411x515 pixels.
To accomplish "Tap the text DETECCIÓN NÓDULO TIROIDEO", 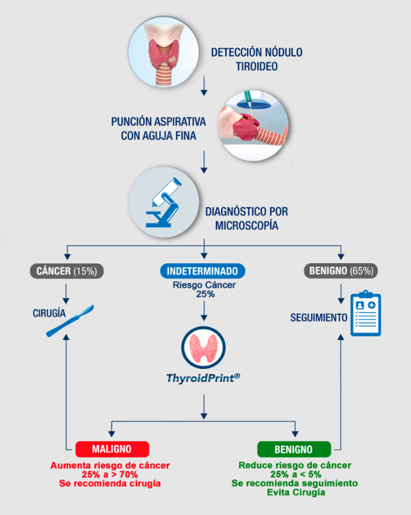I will tap(256, 59).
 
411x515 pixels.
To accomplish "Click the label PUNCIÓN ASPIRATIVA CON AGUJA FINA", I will tap(158, 128).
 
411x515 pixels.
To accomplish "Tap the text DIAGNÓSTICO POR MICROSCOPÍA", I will tap(246, 219).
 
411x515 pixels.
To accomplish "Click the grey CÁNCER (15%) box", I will tap(67, 271).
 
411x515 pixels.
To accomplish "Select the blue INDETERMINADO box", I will tap(202, 271).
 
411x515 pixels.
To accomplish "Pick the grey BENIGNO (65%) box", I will tap(341, 271).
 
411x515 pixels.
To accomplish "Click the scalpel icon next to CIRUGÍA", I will tap(70, 320).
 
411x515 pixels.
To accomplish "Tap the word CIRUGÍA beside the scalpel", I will tap(49, 314).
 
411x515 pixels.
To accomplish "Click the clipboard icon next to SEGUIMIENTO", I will tap(365, 314).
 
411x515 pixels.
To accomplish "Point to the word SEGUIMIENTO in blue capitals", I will tap(319, 317).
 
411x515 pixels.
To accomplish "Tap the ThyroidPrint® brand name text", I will tap(203, 378).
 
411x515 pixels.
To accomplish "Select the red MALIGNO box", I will tap(112, 449).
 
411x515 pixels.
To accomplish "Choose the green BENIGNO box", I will tap(294, 449).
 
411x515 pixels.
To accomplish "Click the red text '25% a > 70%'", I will tap(110, 474).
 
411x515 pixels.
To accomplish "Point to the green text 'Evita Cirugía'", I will tap(295, 492).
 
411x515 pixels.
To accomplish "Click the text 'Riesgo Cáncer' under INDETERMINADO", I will tap(202, 285).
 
